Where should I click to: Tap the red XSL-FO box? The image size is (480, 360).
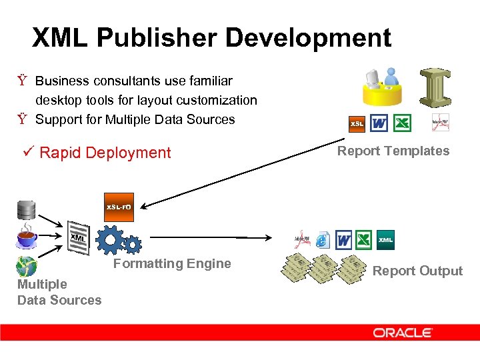[119, 207]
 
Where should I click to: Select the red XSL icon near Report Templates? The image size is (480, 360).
[357, 124]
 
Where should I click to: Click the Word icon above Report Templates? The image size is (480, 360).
[379, 123]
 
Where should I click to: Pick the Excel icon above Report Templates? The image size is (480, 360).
[402, 123]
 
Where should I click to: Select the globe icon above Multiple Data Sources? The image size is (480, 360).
[27, 267]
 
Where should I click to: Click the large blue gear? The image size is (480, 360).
[110, 240]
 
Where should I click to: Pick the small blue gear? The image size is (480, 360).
[132, 246]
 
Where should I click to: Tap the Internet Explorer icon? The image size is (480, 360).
[323, 240]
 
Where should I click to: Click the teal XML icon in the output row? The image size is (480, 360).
[386, 240]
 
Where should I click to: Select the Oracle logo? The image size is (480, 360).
[403, 332]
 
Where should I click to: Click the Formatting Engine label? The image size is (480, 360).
[172, 263]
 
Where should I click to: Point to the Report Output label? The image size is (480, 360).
[417, 271]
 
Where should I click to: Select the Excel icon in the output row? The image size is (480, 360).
[364, 240]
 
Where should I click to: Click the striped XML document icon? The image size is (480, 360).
[79, 237]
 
